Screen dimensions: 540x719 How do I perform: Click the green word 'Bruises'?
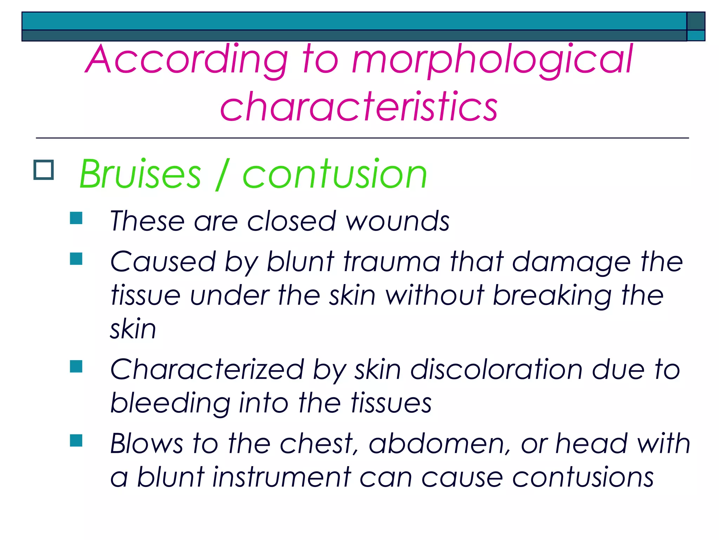point(140,174)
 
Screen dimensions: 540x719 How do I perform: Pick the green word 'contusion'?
point(335,174)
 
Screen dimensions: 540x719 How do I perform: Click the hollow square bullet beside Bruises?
point(44,170)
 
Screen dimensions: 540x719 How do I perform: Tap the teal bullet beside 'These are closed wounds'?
point(76,218)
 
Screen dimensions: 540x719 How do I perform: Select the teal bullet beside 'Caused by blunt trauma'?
point(76,259)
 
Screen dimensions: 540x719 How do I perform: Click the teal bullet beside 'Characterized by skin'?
point(76,366)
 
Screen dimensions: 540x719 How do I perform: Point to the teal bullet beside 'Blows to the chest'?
point(76,441)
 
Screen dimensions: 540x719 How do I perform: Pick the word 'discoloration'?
point(496,370)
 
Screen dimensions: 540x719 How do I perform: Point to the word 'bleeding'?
point(170,404)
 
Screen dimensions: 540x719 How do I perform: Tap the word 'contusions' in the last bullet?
point(583,478)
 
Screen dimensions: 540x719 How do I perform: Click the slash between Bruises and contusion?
point(222,174)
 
